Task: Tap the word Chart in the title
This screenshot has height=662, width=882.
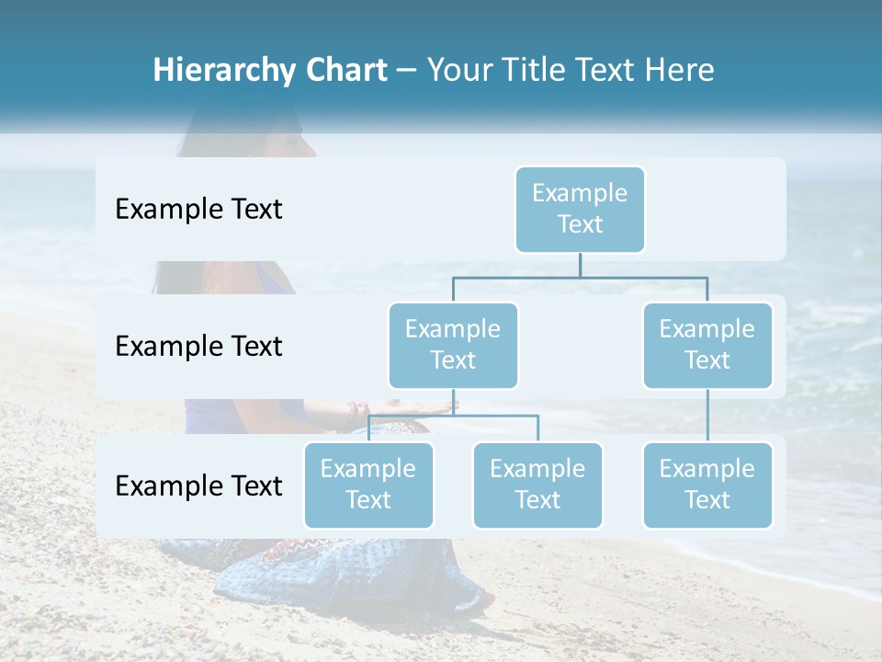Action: [343, 71]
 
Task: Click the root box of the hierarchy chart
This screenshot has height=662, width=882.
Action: [580, 209]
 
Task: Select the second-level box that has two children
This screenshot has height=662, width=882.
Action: [453, 345]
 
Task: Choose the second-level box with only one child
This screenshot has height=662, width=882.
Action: [707, 345]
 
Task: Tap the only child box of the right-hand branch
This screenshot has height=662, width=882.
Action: [707, 485]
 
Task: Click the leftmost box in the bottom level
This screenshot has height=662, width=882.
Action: [368, 485]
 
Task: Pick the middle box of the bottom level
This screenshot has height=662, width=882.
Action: [537, 485]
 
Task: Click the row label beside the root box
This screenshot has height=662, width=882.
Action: [198, 209]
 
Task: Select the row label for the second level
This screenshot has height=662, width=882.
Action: [198, 346]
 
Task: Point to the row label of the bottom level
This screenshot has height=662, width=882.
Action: [198, 485]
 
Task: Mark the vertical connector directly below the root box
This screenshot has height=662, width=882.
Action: [580, 265]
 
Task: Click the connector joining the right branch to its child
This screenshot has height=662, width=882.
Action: [707, 416]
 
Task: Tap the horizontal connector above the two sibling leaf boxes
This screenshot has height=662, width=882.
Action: [453, 416]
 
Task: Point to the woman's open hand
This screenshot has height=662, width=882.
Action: [413, 405]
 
